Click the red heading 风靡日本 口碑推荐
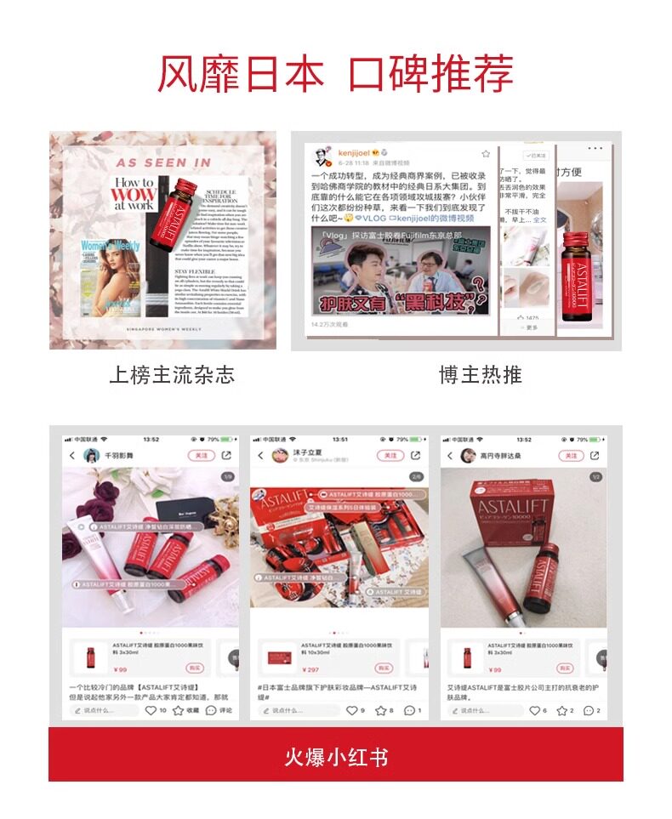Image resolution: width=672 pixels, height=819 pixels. pyautogui.click(x=335, y=72)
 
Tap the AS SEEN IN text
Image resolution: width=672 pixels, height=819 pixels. pyautogui.click(x=163, y=162)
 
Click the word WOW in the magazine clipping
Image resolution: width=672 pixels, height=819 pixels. pyautogui.click(x=134, y=194)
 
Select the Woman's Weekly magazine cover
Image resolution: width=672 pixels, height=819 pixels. pyautogui.click(x=111, y=271)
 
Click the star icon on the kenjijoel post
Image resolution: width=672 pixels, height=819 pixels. pyautogui.click(x=486, y=154)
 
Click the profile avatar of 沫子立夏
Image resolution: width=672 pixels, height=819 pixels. pyautogui.click(x=278, y=456)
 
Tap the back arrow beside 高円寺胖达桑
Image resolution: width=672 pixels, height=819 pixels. pyautogui.click(x=451, y=456)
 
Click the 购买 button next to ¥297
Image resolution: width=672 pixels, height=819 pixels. pyautogui.click(x=384, y=668)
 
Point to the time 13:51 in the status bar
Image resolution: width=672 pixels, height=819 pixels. pyautogui.click(x=340, y=440)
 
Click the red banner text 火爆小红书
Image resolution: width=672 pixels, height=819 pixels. pyautogui.click(x=335, y=756)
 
